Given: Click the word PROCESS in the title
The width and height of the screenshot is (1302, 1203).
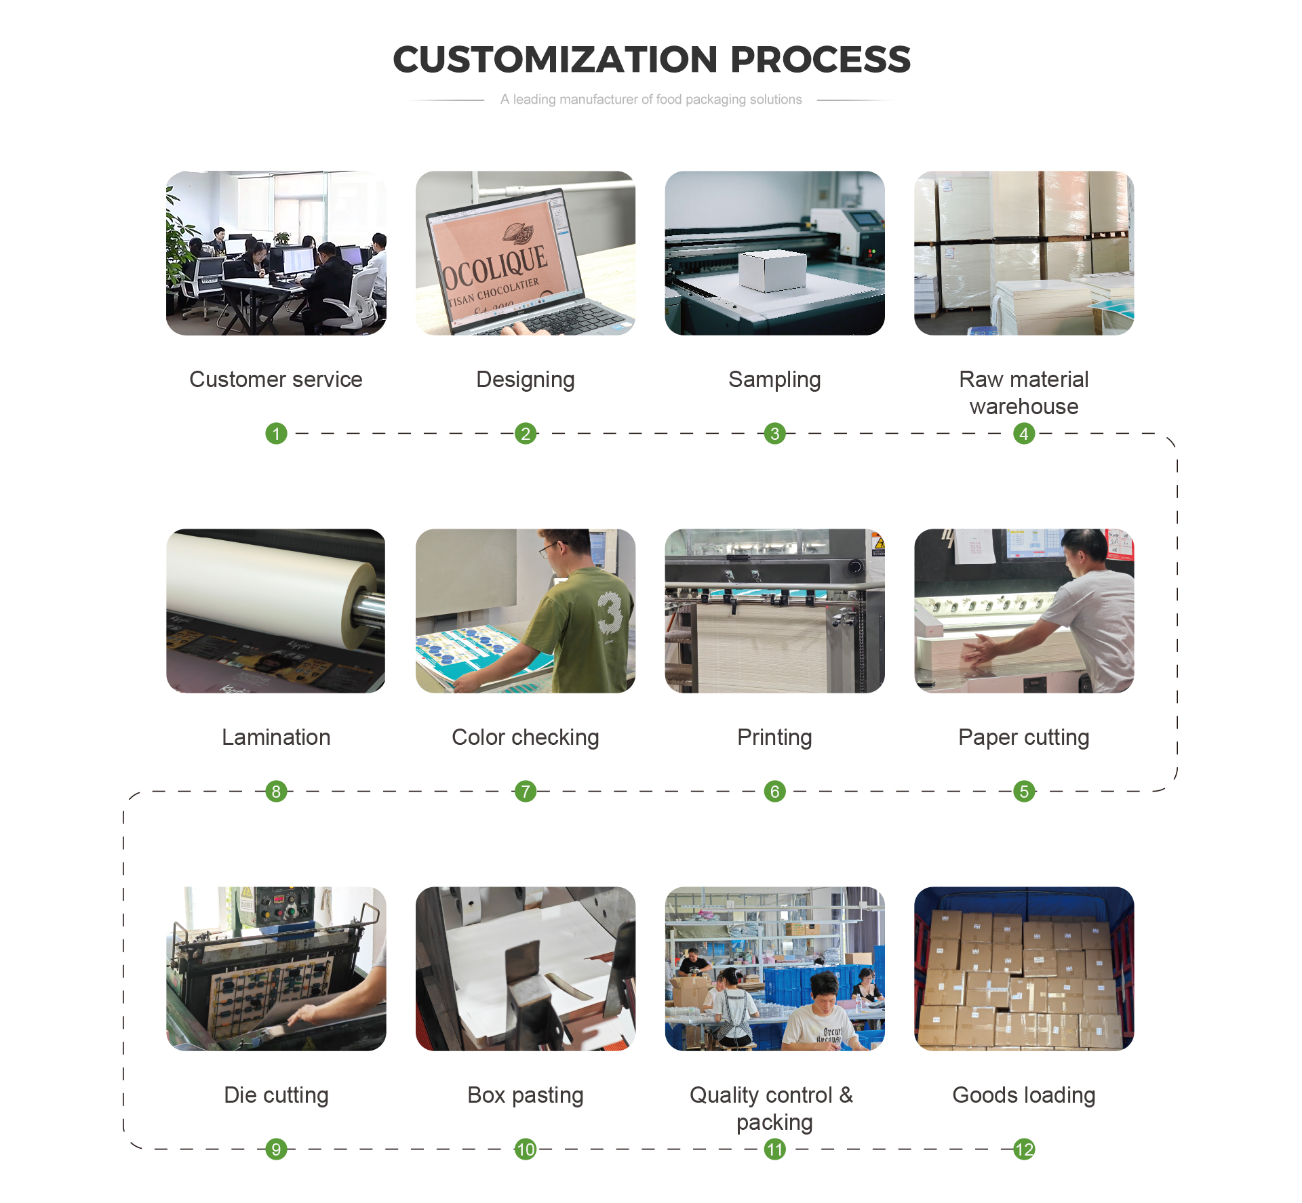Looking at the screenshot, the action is click(x=821, y=60).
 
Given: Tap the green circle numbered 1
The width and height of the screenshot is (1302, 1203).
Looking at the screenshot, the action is click(x=276, y=433).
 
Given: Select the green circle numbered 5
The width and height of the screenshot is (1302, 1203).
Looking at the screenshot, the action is click(x=1024, y=791).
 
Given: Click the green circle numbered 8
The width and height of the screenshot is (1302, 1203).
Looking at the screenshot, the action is click(x=276, y=791).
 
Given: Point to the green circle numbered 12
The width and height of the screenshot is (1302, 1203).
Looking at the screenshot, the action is click(x=1024, y=1149).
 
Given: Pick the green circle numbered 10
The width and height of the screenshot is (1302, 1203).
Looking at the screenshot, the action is click(x=526, y=1149).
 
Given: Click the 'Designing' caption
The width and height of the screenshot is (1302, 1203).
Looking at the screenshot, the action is click(x=526, y=380).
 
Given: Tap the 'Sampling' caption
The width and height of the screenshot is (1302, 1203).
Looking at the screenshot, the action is click(x=774, y=380).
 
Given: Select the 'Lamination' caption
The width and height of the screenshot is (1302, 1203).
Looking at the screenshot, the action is click(x=276, y=737).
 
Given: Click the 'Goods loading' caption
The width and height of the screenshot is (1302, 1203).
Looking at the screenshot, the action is click(x=1024, y=1096).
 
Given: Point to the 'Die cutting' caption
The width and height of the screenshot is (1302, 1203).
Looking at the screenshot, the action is click(x=276, y=1096).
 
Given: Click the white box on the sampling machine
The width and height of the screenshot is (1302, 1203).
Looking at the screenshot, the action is click(x=772, y=271).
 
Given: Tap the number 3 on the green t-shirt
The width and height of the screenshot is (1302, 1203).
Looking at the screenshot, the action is click(x=610, y=613).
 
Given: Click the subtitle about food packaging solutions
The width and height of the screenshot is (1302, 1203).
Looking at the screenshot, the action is click(x=651, y=100).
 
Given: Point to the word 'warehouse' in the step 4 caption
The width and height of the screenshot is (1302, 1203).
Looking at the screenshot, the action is click(x=1024, y=407).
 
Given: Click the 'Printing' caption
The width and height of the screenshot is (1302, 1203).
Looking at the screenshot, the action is click(x=774, y=738).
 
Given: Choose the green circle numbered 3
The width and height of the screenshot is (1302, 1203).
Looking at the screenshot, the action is click(x=774, y=433).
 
